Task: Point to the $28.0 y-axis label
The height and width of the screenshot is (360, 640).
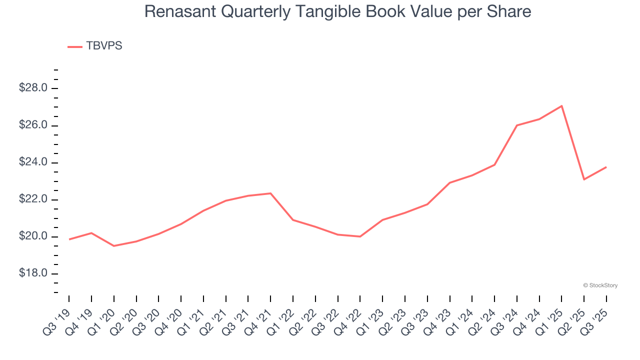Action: tap(33, 88)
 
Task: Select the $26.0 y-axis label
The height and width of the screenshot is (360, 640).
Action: tap(33, 125)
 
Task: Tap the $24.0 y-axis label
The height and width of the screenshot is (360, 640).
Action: tap(33, 162)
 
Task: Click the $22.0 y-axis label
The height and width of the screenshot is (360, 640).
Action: tap(33, 199)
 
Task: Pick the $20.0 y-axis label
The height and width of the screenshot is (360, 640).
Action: tap(33, 236)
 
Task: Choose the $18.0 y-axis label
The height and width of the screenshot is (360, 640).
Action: tap(33, 273)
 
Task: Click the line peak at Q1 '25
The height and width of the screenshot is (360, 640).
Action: tap(562, 106)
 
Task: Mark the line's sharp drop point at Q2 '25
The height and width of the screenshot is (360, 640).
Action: tap(584, 179)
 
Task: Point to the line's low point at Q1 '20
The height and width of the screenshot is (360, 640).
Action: tap(114, 246)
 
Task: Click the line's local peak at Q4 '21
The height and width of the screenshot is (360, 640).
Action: tap(270, 193)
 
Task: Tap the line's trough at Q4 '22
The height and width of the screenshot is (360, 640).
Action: tap(360, 236)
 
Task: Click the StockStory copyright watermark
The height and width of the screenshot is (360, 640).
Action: tap(600, 285)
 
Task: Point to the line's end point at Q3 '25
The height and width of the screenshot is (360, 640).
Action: tap(606, 167)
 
